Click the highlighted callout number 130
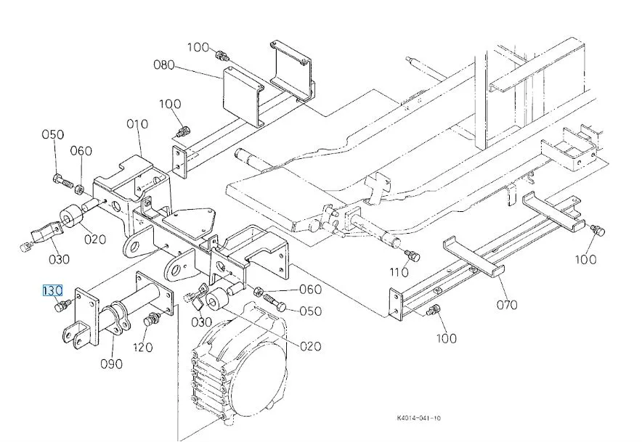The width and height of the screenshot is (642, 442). point(52,290)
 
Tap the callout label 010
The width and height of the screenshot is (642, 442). point(137,123)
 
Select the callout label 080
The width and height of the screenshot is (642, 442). point(164,65)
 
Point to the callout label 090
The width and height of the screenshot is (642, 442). point(111,364)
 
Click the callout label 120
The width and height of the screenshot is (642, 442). point(143,347)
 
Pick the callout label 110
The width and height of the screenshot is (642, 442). point(399,271)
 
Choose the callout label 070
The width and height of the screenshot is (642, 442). point(507,305)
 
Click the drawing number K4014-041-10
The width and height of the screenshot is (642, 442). point(419,418)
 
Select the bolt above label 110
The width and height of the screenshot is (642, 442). point(413,255)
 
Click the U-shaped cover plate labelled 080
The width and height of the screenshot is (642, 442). point(243,97)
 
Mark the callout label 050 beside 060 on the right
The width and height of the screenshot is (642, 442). point(310,311)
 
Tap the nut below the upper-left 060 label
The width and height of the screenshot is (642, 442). point(80,189)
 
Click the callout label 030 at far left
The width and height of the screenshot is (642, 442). point(59,259)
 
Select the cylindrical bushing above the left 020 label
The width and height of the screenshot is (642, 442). point(72,216)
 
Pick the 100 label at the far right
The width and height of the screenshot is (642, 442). point(585,259)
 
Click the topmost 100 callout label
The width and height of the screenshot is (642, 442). point(198,47)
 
